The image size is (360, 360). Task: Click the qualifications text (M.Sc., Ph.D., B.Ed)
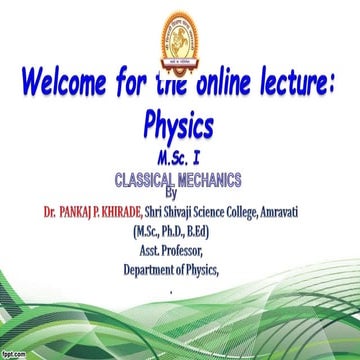[180, 232]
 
